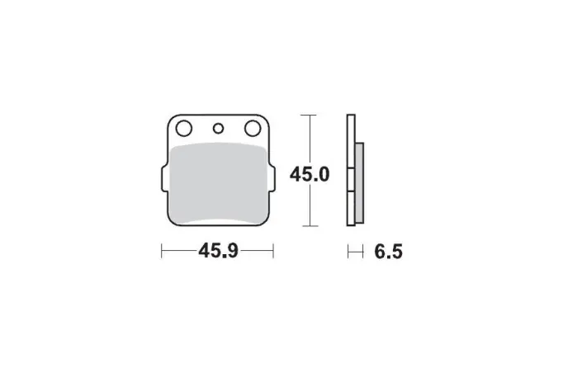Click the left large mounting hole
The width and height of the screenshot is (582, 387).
coord(184,129)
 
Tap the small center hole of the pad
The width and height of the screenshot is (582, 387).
coord(218,129)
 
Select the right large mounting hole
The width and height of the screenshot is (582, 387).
coord(253,129)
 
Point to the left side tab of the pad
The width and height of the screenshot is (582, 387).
coord(164,179)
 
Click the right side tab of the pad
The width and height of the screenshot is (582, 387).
coord(272,179)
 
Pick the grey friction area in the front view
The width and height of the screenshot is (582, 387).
coord(219,184)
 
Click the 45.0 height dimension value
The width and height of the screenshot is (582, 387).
coord(310,174)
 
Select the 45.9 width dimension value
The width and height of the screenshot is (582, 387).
coord(218,251)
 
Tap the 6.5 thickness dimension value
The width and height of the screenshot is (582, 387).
coord(388,252)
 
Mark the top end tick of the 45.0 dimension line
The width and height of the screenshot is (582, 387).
coord(309,115)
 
